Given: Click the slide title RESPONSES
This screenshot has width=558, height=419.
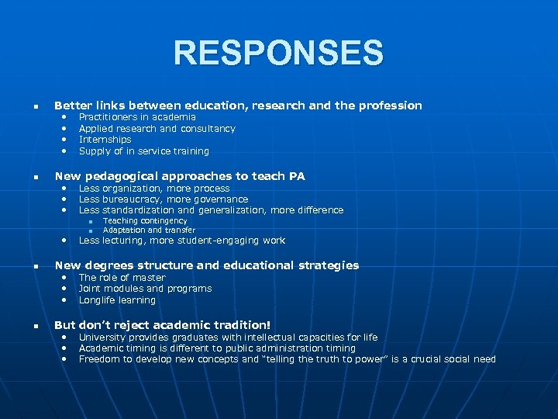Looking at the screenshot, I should (278, 54).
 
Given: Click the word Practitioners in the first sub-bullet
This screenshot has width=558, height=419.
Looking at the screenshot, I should (108, 117).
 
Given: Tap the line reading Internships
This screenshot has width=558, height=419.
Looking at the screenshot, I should (105, 140).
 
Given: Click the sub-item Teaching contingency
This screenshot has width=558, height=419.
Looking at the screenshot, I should (145, 221).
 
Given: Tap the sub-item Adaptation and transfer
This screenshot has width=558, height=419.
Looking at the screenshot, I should (149, 230).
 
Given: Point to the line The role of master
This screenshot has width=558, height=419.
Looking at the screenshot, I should (122, 278).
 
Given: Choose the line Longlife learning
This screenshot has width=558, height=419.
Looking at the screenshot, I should (117, 300).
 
